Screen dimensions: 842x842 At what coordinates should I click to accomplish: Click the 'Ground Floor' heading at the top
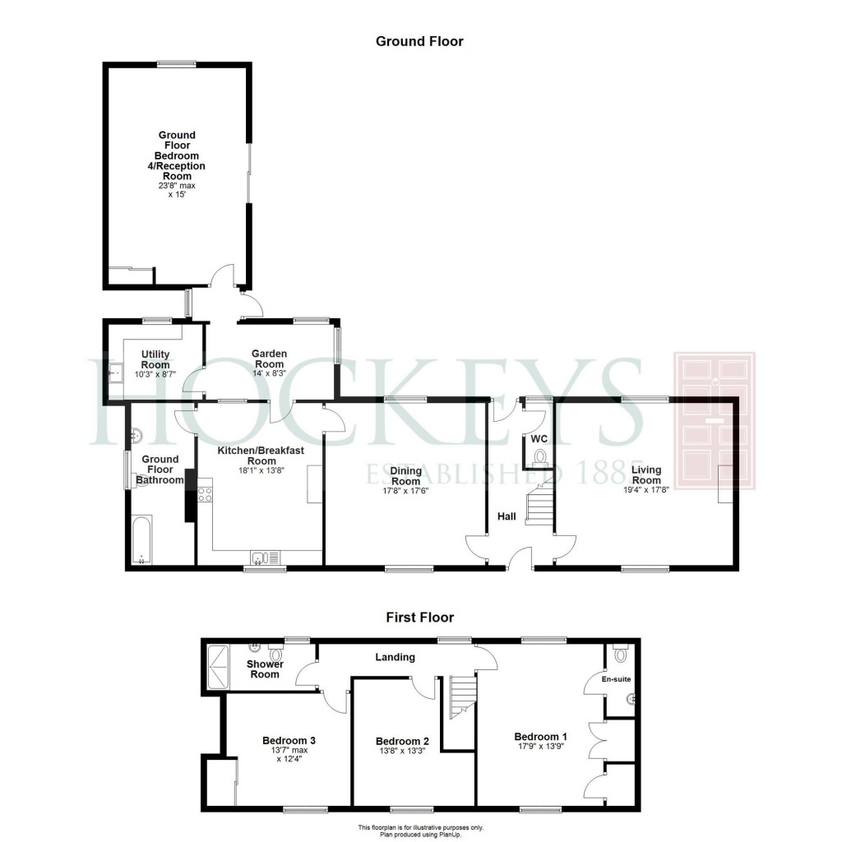click(x=419, y=41)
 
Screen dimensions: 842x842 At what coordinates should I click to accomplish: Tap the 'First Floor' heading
click(x=420, y=618)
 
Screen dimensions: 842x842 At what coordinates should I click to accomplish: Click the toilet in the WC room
click(x=539, y=457)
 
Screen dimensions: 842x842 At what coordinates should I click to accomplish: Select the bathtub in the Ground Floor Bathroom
click(x=141, y=539)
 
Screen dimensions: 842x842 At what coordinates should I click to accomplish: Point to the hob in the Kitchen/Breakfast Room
click(x=205, y=494)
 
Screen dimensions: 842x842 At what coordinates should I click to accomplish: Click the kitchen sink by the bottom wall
click(x=266, y=558)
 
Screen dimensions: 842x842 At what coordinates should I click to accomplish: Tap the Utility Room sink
click(x=115, y=372)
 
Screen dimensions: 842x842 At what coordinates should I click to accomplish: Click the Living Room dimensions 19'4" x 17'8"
click(x=646, y=490)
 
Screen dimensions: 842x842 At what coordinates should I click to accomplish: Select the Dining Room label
click(x=405, y=476)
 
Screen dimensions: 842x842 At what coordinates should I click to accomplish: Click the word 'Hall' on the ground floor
click(x=507, y=516)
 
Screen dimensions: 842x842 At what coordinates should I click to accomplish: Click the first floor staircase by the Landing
click(x=463, y=696)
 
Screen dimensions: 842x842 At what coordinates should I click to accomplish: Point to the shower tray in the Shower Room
click(x=218, y=666)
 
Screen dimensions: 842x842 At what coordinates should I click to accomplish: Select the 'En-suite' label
click(x=616, y=679)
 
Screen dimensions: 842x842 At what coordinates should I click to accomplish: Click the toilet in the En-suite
click(x=622, y=654)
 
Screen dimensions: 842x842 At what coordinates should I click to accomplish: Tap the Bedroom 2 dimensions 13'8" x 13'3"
click(x=402, y=751)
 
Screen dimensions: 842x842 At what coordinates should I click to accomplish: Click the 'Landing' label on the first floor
click(x=396, y=657)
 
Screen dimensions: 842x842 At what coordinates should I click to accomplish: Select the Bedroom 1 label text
click(x=540, y=737)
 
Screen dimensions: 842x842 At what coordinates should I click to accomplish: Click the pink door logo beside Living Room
click(x=715, y=421)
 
